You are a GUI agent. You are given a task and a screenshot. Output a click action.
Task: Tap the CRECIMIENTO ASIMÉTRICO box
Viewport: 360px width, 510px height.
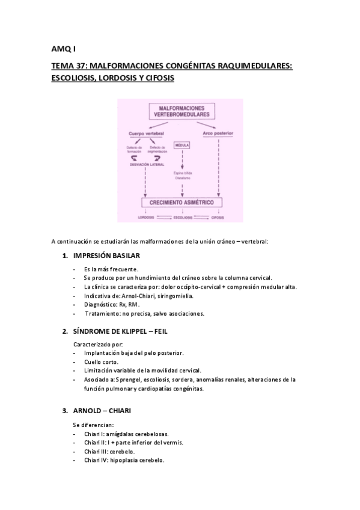pos(181,202)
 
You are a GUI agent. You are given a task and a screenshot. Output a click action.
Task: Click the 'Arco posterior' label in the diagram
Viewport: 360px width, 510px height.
pos(218,132)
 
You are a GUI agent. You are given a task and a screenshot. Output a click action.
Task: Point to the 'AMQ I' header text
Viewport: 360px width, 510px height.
pos(59,48)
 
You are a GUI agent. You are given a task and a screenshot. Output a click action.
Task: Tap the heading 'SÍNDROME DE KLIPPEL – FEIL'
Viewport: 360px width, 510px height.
pos(121,331)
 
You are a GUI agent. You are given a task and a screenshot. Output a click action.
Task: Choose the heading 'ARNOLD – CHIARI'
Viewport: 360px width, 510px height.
pos(102,411)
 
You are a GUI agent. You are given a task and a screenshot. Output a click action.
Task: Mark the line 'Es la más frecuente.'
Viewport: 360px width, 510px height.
pos(111,268)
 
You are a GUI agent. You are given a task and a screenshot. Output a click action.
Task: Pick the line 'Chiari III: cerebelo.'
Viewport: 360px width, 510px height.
pos(109,451)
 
